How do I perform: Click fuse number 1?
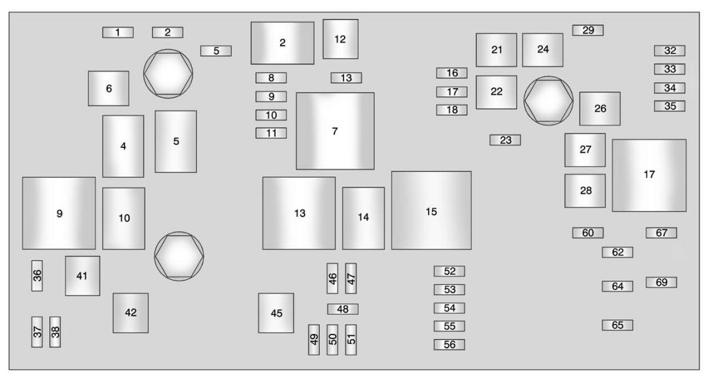click(x=118, y=32)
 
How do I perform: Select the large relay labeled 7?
click(x=335, y=131)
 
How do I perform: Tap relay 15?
click(x=431, y=211)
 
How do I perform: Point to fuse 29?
click(x=588, y=30)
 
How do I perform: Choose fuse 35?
click(x=670, y=106)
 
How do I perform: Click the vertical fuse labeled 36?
click(x=38, y=275)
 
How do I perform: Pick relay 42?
click(x=131, y=313)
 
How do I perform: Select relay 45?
click(x=276, y=313)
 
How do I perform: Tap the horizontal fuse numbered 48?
click(x=342, y=309)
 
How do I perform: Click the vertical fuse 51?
click(x=351, y=340)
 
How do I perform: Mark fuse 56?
click(x=449, y=345)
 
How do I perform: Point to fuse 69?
click(x=661, y=282)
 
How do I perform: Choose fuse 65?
click(x=617, y=325)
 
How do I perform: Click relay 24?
click(x=542, y=50)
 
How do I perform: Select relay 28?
click(x=585, y=191)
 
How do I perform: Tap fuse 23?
click(x=505, y=140)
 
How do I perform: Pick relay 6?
click(x=109, y=88)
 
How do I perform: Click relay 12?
click(x=340, y=39)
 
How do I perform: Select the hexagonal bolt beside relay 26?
click(x=548, y=101)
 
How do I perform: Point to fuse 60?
click(x=588, y=233)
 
